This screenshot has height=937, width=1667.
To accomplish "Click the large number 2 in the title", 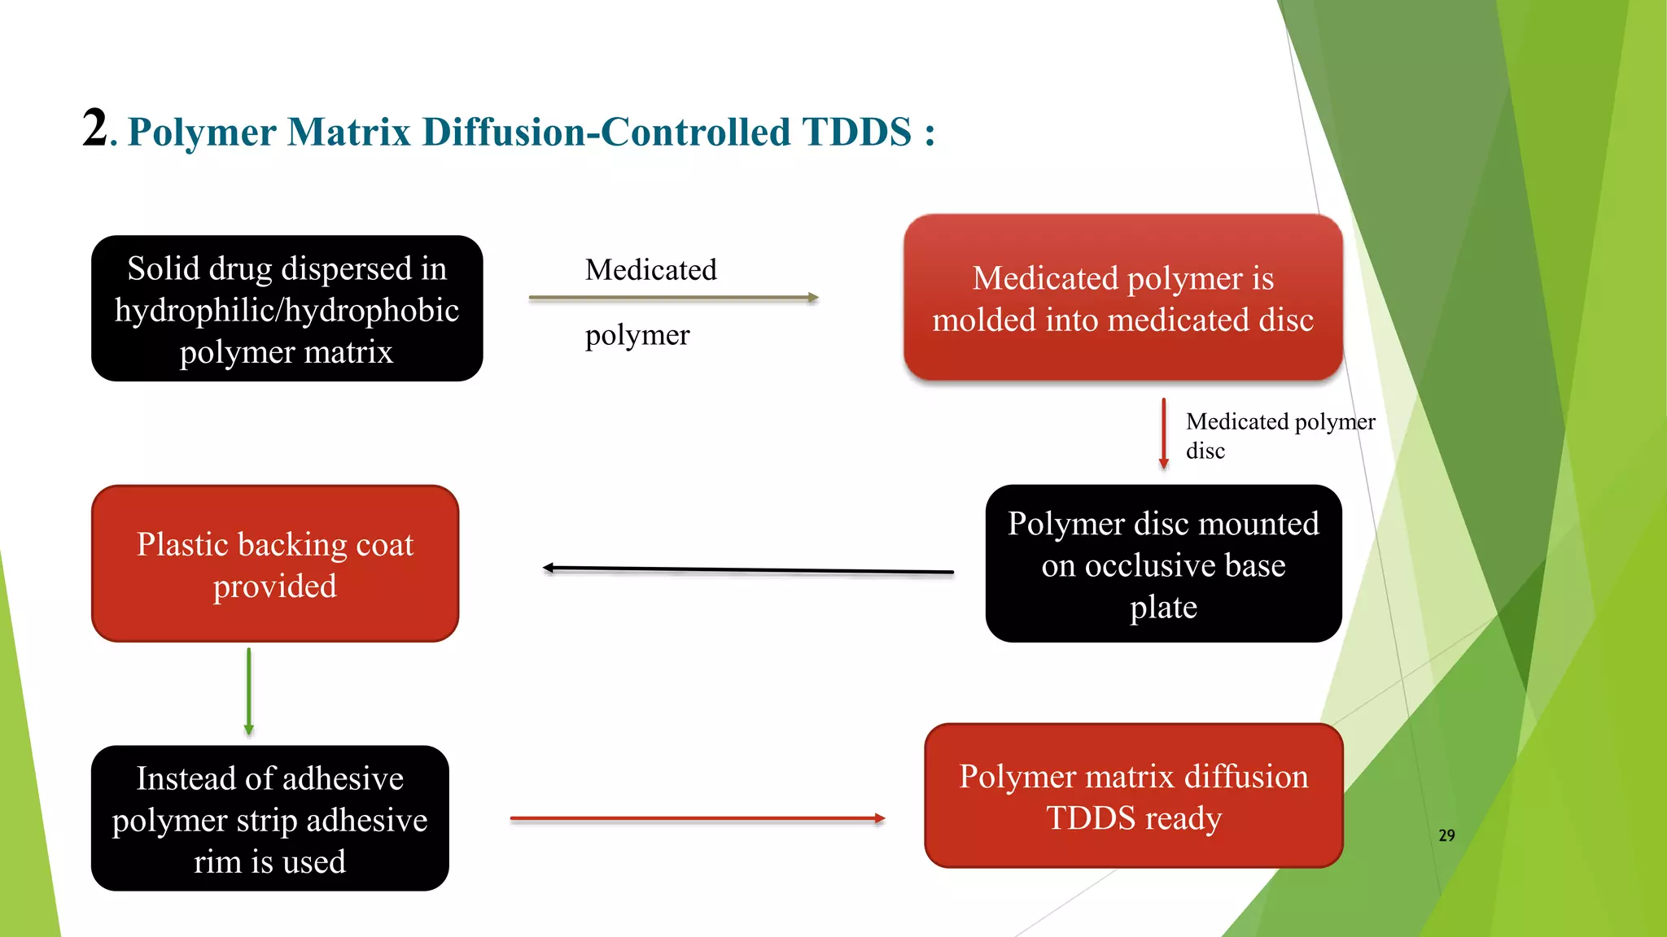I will (x=94, y=129).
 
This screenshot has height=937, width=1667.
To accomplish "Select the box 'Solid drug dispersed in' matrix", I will (x=287, y=308).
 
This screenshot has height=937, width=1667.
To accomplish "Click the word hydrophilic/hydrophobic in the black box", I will (x=287, y=311).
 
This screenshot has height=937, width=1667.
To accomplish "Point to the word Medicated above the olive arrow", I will (x=650, y=270).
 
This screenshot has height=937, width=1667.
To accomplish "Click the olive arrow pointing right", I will (x=672, y=299).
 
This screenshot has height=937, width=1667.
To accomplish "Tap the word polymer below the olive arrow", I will (x=637, y=335).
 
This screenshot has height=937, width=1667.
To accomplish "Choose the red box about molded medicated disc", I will (x=1122, y=298).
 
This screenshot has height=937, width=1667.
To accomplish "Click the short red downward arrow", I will (x=1163, y=434).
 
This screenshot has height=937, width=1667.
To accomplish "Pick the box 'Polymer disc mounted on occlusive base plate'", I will (x=1162, y=564).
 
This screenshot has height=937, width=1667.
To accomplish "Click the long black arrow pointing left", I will (x=747, y=570).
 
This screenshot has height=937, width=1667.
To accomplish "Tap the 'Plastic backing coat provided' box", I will (x=275, y=564).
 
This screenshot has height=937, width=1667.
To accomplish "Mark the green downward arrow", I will (x=249, y=691).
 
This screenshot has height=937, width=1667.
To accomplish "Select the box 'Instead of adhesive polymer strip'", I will (x=269, y=818).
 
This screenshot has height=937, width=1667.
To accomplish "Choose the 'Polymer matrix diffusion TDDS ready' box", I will (x=1133, y=795).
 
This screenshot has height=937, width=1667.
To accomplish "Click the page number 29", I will (x=1446, y=835).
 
